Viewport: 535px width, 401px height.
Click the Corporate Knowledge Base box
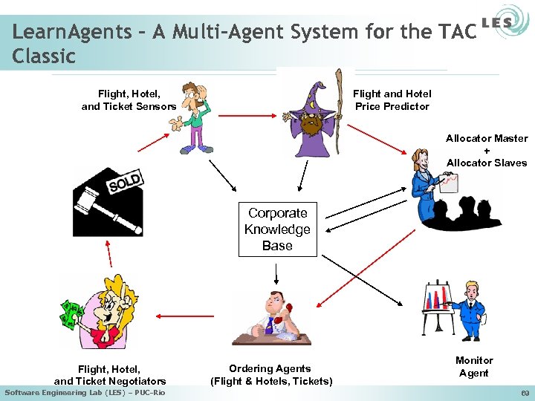[x=277, y=229]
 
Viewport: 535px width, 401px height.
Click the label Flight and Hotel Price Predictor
[x=392, y=100]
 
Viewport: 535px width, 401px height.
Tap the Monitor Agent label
[x=474, y=367]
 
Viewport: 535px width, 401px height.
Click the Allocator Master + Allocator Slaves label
[x=487, y=150]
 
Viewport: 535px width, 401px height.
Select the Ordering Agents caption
[x=270, y=375]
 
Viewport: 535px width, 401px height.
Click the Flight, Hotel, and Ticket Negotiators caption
[x=110, y=375]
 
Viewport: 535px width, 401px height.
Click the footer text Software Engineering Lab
[x=85, y=392]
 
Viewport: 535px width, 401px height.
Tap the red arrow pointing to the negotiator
[x=185, y=316]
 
